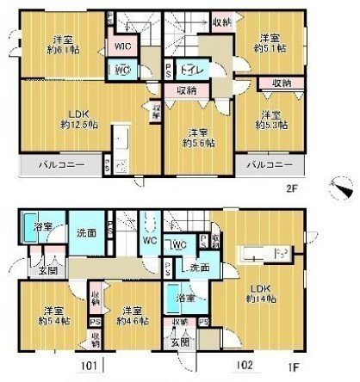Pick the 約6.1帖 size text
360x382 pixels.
(x=61, y=52)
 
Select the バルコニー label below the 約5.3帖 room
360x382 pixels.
(x=269, y=163)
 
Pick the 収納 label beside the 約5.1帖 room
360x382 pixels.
(x=222, y=22)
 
